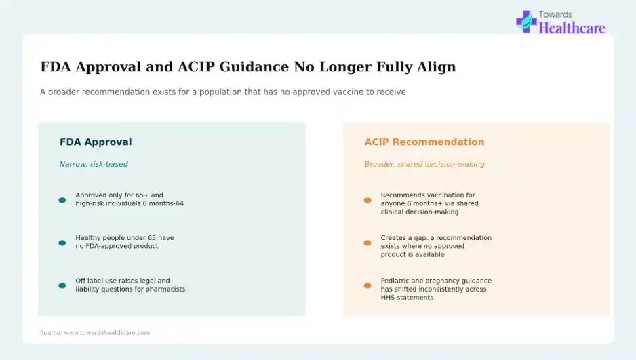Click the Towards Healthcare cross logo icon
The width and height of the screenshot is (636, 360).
(x=526, y=22)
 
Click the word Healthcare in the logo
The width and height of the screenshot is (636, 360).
(x=572, y=28)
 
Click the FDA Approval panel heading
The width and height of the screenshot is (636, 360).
(x=96, y=142)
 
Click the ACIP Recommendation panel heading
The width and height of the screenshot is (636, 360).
(x=424, y=142)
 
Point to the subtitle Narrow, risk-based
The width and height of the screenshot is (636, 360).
(x=94, y=164)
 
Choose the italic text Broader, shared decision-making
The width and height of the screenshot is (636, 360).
(x=424, y=164)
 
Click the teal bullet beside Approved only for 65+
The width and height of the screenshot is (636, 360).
(x=62, y=200)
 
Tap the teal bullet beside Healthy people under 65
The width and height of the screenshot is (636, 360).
(x=62, y=243)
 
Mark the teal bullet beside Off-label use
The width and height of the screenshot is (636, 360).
(x=62, y=286)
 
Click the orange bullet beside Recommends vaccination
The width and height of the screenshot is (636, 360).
(x=367, y=200)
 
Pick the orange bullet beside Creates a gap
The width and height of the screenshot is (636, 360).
(x=367, y=243)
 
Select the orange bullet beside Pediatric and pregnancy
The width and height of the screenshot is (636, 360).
(x=367, y=286)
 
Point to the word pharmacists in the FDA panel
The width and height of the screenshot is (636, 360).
(x=167, y=289)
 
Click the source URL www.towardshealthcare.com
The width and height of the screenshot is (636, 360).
(x=107, y=332)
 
